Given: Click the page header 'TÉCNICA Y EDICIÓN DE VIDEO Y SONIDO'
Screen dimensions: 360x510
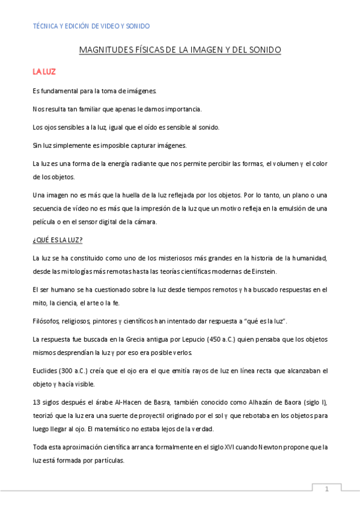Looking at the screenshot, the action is (91, 26).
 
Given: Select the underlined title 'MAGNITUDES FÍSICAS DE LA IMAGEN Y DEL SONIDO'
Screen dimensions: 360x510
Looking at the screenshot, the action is (180, 51).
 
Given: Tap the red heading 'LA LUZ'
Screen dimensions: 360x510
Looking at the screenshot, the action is (44, 72).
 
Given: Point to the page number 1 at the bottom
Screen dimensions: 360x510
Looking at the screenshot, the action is (326, 490).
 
